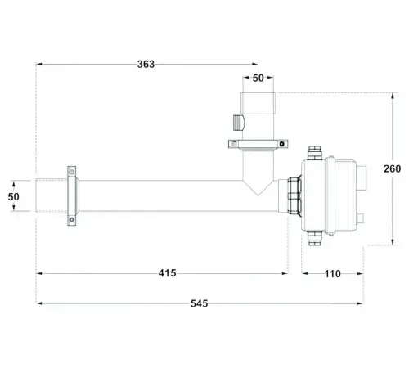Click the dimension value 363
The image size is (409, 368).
click(x=146, y=64)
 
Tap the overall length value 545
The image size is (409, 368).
click(x=199, y=303)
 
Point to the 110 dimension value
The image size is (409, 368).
click(x=332, y=273)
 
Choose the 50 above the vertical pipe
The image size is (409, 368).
click(x=258, y=79)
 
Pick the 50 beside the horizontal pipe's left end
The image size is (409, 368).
click(x=12, y=197)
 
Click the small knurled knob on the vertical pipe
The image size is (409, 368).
click(x=236, y=123)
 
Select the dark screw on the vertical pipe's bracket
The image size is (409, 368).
click(x=283, y=144)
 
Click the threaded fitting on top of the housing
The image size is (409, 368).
click(x=311, y=152)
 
